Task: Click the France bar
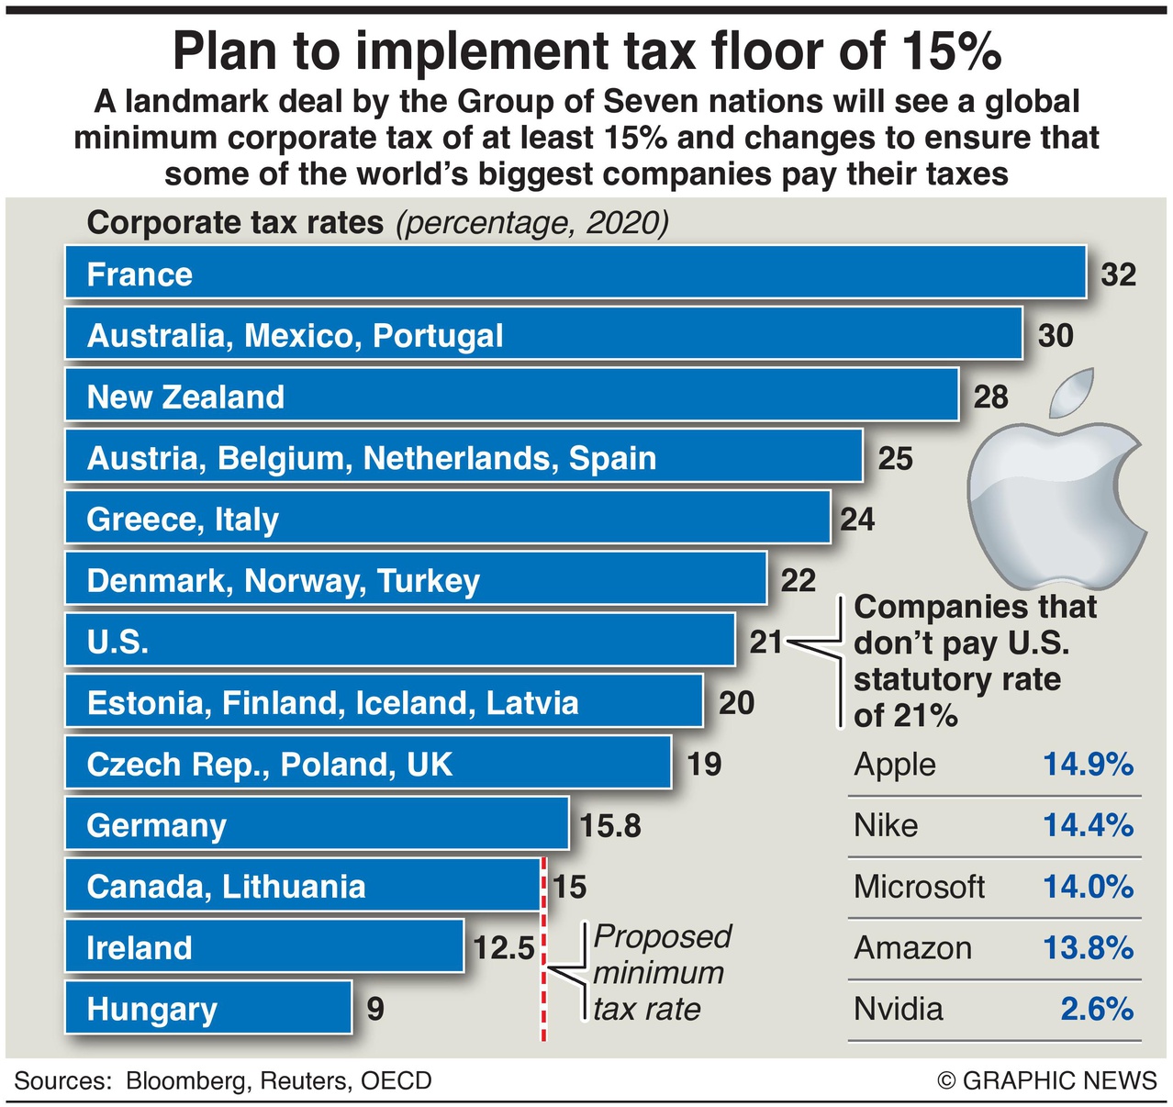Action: [x=575, y=273]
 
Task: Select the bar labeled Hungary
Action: [x=208, y=1008]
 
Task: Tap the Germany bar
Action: [x=317, y=824]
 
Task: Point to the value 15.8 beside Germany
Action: [x=610, y=825]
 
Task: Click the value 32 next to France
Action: [x=1117, y=274]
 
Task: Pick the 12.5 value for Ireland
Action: [x=503, y=947]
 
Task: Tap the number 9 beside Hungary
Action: [x=375, y=1009]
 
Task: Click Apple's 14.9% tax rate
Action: [x=1088, y=764]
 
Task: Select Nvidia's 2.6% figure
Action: [x=1097, y=1009]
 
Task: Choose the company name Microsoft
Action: [x=919, y=887]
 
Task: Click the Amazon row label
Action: [x=912, y=947]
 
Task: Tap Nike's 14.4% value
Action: [x=1088, y=825]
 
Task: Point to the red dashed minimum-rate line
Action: [x=543, y=991]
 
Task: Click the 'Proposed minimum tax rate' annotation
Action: [x=661, y=973]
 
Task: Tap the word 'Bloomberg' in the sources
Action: [x=186, y=1080]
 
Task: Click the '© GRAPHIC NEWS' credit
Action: [x=1047, y=1080]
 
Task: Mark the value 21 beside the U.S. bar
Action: [x=765, y=642]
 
